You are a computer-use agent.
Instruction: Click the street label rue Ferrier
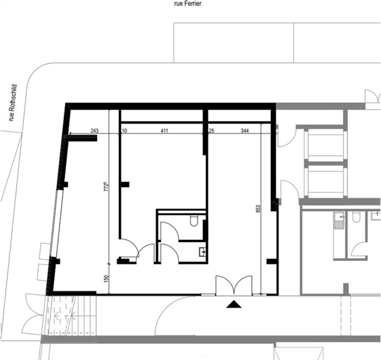click(x=188, y=4)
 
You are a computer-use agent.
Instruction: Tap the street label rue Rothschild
click(x=13, y=103)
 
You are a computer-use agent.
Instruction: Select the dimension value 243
click(x=94, y=131)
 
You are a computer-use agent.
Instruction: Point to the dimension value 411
click(x=164, y=131)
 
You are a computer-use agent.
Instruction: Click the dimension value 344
click(x=244, y=131)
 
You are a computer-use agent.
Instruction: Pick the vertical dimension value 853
click(x=258, y=209)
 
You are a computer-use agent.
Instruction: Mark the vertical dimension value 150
click(x=106, y=279)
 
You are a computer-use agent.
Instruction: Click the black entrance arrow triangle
click(x=234, y=305)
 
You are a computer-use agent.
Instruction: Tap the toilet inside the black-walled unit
click(x=194, y=221)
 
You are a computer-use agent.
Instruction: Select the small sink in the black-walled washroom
click(x=203, y=252)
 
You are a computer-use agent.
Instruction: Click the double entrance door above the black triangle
click(x=234, y=285)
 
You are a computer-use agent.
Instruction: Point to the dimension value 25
click(x=211, y=131)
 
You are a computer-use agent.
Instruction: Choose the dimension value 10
click(x=124, y=131)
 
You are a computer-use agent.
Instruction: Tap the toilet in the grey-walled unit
click(x=356, y=218)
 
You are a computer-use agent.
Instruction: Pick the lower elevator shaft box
click(x=326, y=182)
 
